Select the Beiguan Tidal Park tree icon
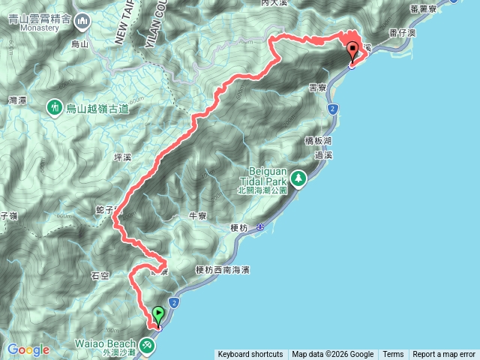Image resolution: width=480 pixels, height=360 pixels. coord(299,178)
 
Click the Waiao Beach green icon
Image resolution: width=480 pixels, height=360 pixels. coord(147,344)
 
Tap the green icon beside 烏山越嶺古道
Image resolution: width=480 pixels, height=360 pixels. coord(55,109)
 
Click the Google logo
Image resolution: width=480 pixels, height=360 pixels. coord(28,349)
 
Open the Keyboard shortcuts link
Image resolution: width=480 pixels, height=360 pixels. coord(250,355)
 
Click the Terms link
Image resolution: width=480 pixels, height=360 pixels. coord(393,355)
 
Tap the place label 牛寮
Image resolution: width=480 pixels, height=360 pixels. coord(197,216)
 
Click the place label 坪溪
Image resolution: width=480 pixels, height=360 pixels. coord(122,159)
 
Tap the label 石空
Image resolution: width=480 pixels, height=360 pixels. coord(100,275)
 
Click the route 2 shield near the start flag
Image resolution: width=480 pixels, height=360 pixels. coord(174,303)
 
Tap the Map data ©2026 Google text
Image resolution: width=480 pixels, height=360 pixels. coord(333,355)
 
